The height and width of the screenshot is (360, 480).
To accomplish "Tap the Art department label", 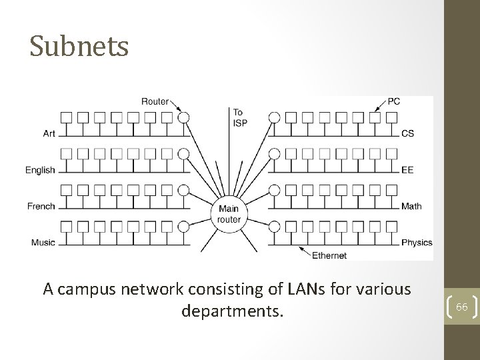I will [49, 133].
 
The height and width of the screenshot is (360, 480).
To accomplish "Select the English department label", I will [41, 170].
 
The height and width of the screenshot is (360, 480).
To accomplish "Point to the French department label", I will [41, 206].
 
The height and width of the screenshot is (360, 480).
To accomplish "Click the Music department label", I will [43, 242].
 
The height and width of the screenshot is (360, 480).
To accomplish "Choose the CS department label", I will [407, 133].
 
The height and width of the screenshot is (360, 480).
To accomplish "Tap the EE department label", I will [407, 170].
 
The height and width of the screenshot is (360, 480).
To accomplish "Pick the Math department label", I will [411, 206].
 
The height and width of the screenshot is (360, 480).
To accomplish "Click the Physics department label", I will [417, 242].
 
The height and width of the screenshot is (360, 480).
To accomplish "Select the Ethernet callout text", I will [329, 255].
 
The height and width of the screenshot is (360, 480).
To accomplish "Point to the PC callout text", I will [393, 101].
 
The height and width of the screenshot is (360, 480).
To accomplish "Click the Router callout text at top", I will [155, 101].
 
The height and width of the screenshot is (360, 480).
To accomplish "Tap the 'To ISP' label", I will [239, 117].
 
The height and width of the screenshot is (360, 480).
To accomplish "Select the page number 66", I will [461, 306].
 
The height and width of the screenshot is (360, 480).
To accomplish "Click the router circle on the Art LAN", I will [184, 118].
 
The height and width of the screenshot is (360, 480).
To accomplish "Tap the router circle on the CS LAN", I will [273, 118].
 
